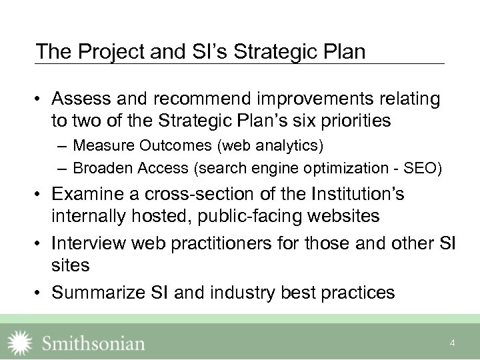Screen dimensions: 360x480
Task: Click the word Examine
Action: (x=87, y=195)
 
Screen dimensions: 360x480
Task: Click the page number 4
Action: (x=452, y=343)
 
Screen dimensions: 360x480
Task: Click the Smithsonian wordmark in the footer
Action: (x=94, y=343)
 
